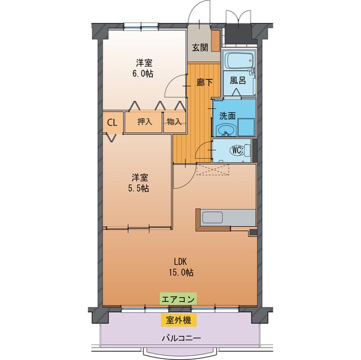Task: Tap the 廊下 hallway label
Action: [x=205, y=82]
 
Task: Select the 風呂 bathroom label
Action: [x=237, y=81]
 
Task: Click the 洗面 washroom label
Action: [x=227, y=117]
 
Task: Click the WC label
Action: [x=237, y=150]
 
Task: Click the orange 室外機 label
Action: [x=178, y=321]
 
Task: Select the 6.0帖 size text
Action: [x=143, y=73]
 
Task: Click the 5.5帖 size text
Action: [x=138, y=189]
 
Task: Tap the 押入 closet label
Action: [x=145, y=122]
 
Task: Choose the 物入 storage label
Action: [x=174, y=122]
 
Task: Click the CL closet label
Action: [x=112, y=121]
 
